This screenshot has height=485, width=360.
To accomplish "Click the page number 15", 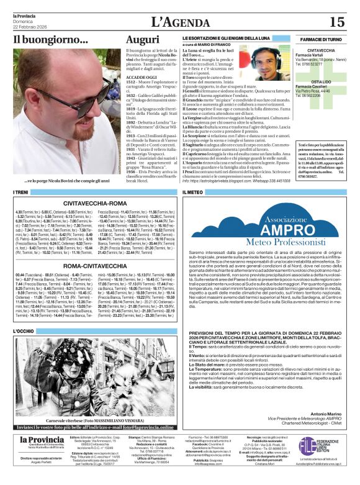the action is point(336,22).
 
